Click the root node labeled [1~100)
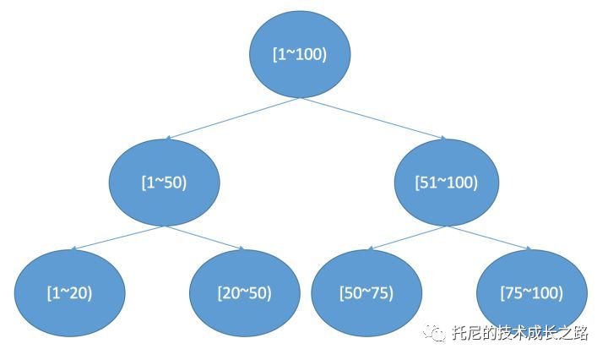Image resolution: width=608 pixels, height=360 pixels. click(x=299, y=53)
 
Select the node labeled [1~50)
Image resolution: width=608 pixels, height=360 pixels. click(x=165, y=183)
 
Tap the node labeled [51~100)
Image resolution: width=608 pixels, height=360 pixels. click(x=447, y=183)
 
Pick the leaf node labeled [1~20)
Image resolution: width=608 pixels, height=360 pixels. click(x=70, y=292)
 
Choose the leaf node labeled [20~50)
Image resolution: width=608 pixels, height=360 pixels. click(x=244, y=292)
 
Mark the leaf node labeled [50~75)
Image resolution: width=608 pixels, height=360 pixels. click(x=366, y=292)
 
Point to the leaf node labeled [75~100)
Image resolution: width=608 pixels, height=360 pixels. click(x=531, y=292)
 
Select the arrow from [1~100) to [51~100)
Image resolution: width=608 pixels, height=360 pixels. click(x=372, y=118)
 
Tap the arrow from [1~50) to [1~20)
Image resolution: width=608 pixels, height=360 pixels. click(x=118, y=237)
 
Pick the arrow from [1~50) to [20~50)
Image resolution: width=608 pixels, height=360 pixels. click(x=205, y=237)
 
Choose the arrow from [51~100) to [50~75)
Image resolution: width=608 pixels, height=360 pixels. click(x=408, y=237)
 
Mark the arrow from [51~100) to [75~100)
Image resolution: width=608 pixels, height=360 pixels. click(x=490, y=237)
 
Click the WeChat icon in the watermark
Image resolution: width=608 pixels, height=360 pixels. click(x=437, y=333)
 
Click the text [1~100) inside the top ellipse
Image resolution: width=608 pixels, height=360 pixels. click(x=299, y=53)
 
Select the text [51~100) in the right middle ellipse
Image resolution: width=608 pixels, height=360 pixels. click(x=447, y=183)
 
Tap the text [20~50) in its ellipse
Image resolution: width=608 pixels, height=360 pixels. click(x=244, y=293)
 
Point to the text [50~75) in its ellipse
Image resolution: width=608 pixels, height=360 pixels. click(x=366, y=293)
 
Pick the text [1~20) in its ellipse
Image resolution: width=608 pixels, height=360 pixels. click(x=70, y=293)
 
